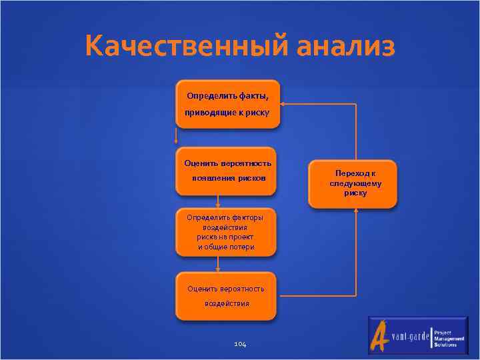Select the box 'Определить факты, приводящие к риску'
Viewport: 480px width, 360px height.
click(x=227, y=103)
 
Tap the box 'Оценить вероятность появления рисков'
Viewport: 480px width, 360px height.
click(x=225, y=171)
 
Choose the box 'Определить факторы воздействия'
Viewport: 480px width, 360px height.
click(x=225, y=232)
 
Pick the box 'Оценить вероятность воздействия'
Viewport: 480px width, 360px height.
click(x=225, y=295)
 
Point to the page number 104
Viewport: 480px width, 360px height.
click(x=241, y=344)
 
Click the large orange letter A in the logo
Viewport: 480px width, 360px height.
click(x=380, y=335)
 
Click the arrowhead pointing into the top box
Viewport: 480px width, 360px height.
click(x=283, y=103)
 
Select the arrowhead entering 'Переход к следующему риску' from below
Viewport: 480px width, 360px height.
click(x=356, y=210)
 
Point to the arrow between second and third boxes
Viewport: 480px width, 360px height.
click(x=218, y=202)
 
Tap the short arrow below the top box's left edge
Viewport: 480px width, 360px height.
click(x=176, y=137)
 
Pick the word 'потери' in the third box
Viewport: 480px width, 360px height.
click(x=241, y=247)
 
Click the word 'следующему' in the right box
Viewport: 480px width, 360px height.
click(x=355, y=183)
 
